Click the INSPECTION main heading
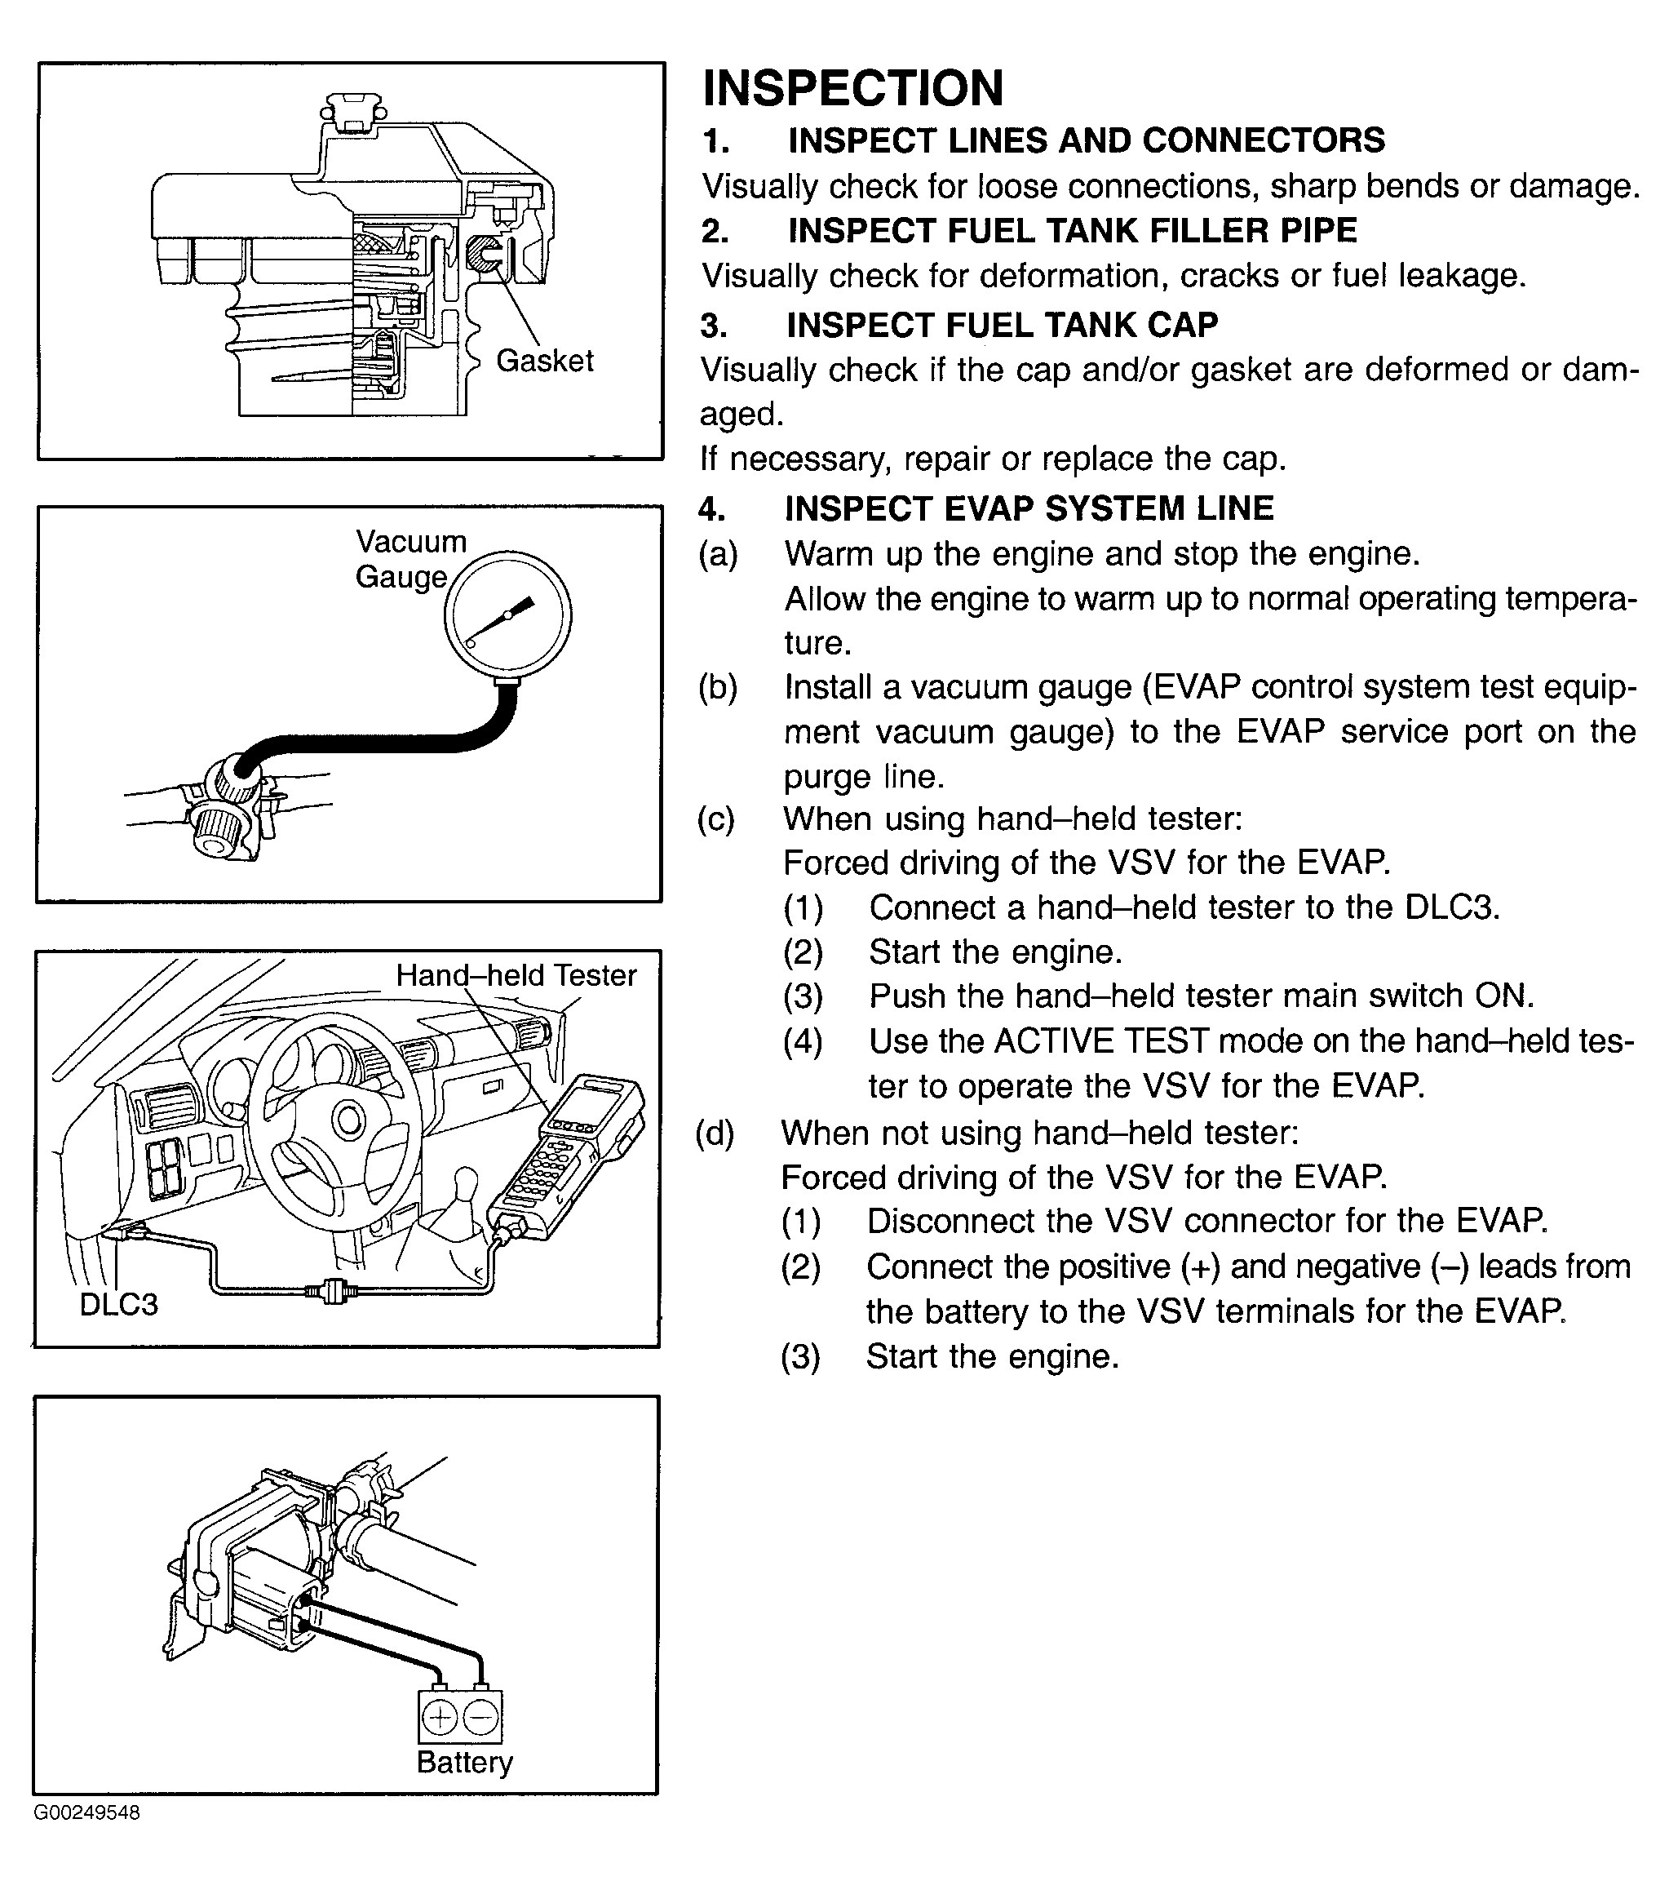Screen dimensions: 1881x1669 click(x=853, y=89)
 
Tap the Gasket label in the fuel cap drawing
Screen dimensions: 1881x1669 click(x=545, y=361)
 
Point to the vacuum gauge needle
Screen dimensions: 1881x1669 click(x=503, y=619)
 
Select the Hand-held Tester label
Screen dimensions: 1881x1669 click(x=516, y=975)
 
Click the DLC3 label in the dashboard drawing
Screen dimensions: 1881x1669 click(x=118, y=1304)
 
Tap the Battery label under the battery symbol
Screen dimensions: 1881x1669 click(x=465, y=1763)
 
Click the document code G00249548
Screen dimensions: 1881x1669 click(x=87, y=1814)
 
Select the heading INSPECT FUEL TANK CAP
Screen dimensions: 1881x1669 click(x=1002, y=325)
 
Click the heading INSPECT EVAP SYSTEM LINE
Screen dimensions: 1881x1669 click(x=1029, y=508)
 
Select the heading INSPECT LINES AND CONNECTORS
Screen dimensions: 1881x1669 click(x=1086, y=140)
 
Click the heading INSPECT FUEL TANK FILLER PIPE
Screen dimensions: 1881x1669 click(x=1072, y=230)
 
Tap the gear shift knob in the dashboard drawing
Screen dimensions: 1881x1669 click(x=468, y=1179)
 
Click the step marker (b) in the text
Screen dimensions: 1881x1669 click(x=718, y=687)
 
